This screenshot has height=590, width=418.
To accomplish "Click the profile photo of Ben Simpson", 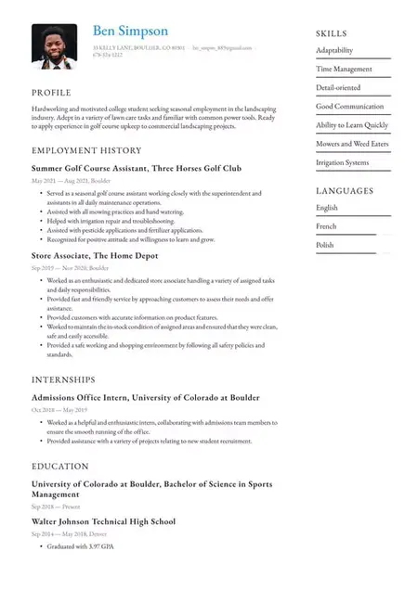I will click(54, 46).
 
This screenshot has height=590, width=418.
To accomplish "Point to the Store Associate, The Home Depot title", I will click(95, 255).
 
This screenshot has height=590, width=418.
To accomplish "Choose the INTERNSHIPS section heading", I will click(63, 379).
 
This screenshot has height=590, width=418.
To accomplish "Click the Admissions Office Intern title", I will click(146, 397).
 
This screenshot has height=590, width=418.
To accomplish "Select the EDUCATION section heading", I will click(60, 467).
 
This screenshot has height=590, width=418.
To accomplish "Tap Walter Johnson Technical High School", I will click(103, 521).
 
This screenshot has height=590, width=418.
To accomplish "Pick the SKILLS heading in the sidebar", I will click(332, 32).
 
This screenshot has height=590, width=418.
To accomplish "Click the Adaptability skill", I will click(334, 50).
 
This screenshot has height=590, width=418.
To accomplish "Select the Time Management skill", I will click(344, 69).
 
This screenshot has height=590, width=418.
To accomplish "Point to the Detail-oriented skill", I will click(338, 87).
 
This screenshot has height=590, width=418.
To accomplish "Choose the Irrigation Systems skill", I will click(342, 162).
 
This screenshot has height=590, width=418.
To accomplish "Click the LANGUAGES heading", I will click(345, 191).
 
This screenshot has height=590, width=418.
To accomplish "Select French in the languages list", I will click(326, 226).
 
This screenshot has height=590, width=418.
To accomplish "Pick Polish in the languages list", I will click(325, 245).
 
